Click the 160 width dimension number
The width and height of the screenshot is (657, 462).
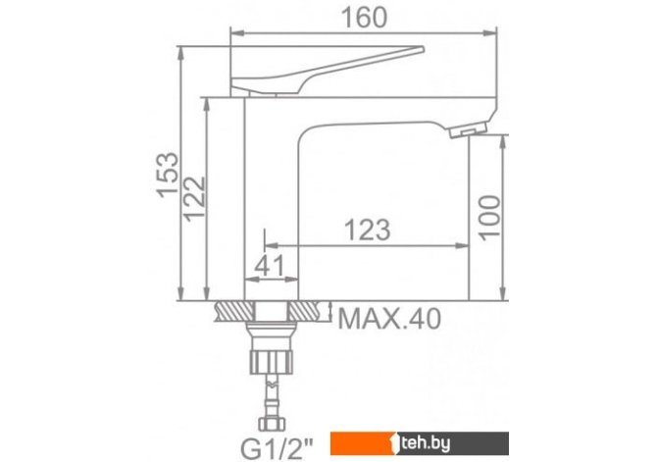[x=364, y=18]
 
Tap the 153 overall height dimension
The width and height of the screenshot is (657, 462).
[x=168, y=174]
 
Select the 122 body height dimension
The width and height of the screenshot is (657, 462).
[x=195, y=199]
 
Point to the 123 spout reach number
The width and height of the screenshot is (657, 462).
[x=367, y=230]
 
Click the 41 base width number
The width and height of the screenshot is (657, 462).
[x=270, y=265]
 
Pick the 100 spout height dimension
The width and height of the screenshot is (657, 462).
[x=489, y=218]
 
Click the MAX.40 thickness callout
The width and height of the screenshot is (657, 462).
[x=389, y=319]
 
